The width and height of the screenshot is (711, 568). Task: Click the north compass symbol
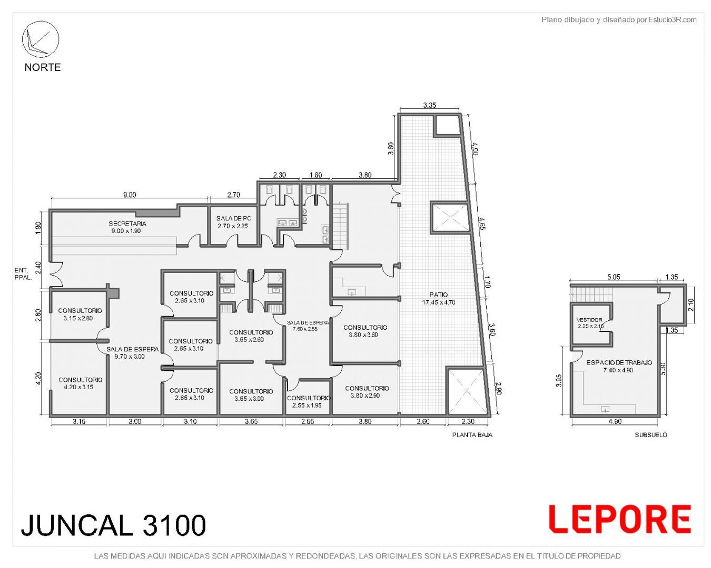click(x=41, y=39)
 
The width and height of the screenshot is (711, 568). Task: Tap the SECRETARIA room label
click(x=127, y=224)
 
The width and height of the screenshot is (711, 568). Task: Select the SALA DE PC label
click(x=234, y=218)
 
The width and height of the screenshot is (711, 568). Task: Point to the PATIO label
click(x=438, y=295)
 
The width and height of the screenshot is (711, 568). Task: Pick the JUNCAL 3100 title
click(x=113, y=525)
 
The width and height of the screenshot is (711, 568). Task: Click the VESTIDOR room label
click(x=589, y=320)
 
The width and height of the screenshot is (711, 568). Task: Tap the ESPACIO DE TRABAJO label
click(x=619, y=362)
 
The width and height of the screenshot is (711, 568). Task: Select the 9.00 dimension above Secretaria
click(x=130, y=195)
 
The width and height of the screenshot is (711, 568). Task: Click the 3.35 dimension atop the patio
click(x=429, y=105)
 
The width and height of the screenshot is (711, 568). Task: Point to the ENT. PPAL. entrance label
click(x=23, y=274)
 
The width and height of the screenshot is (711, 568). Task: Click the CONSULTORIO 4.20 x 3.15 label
click(x=80, y=383)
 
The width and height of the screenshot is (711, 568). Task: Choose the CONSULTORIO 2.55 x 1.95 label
click(x=308, y=401)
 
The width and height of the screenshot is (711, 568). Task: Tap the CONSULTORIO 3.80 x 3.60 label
click(x=365, y=331)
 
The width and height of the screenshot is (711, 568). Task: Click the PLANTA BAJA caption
click(x=472, y=435)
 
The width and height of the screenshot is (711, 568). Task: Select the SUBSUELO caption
click(x=651, y=435)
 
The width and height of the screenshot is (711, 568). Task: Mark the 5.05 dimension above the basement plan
click(x=614, y=277)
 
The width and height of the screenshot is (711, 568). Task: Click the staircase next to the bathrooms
click(x=340, y=226)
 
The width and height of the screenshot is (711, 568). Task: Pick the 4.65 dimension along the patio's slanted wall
click(x=482, y=224)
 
